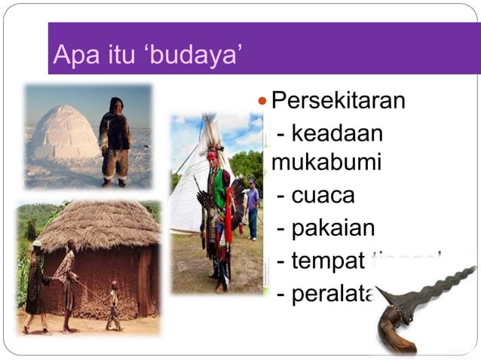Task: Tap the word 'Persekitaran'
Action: (338, 99)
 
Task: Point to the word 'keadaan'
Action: (337, 133)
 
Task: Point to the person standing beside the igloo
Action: (115, 141)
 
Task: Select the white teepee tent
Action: (185, 188)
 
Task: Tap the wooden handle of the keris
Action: (396, 331)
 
